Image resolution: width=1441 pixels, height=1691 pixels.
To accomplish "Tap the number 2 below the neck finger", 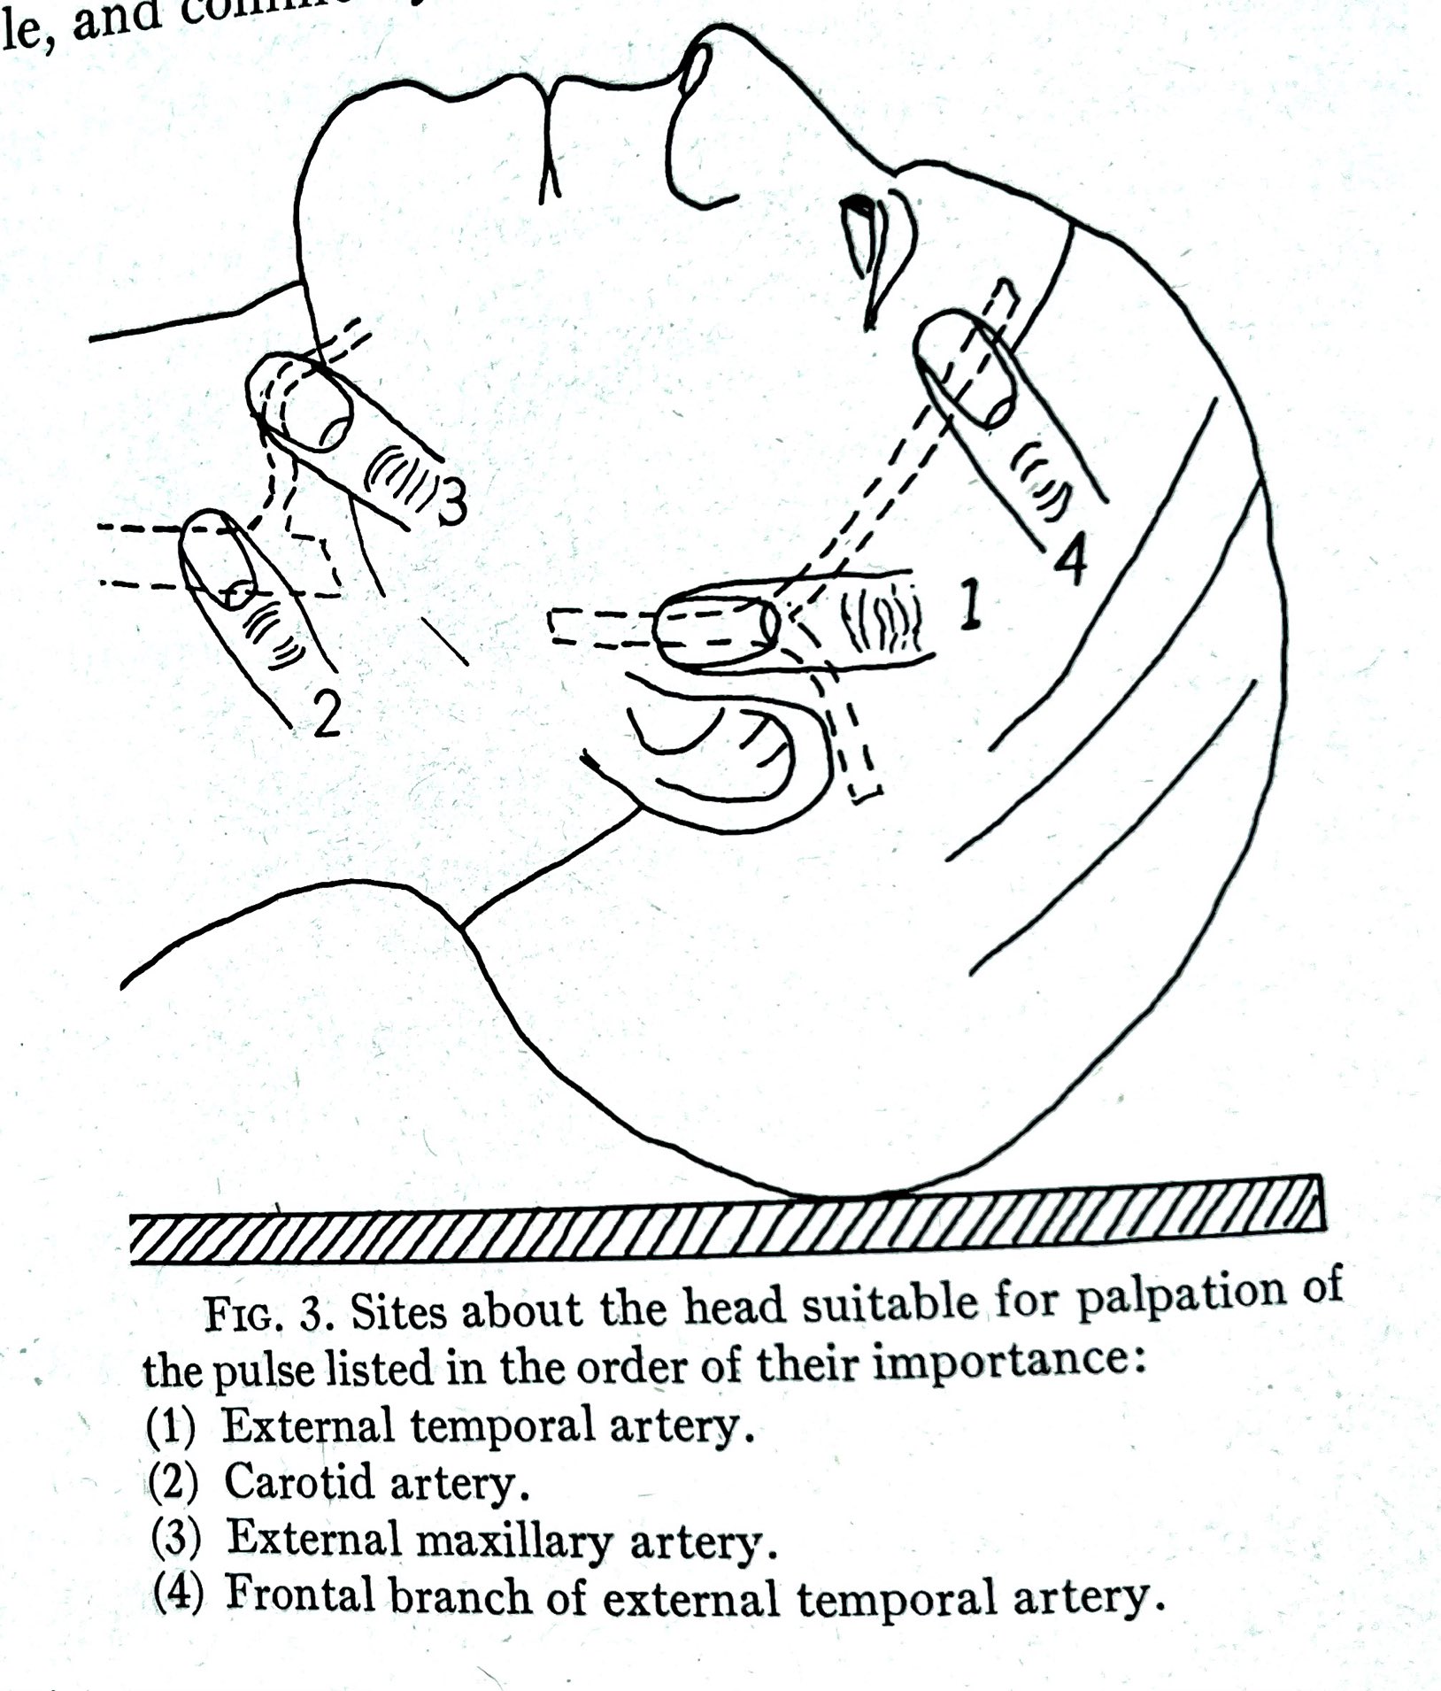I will click(x=327, y=714).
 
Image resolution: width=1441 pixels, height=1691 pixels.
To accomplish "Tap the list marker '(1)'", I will click(x=171, y=1427).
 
